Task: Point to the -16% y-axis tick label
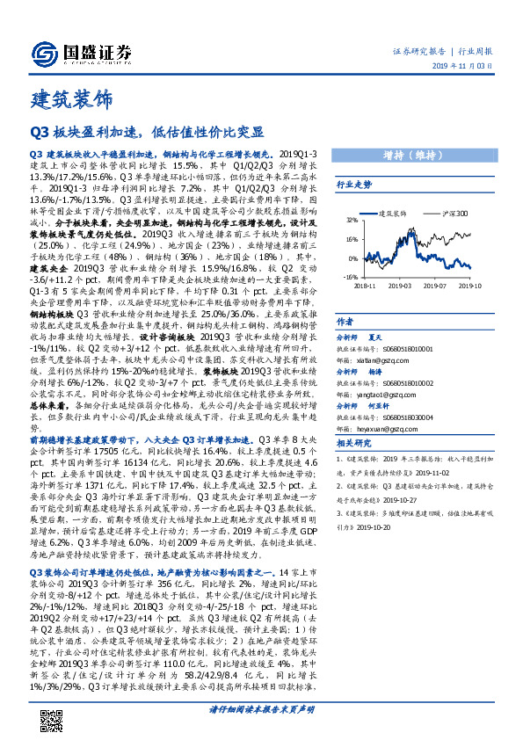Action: [350, 276]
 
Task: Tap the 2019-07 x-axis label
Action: [443, 285]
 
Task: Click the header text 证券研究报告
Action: [416, 52]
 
